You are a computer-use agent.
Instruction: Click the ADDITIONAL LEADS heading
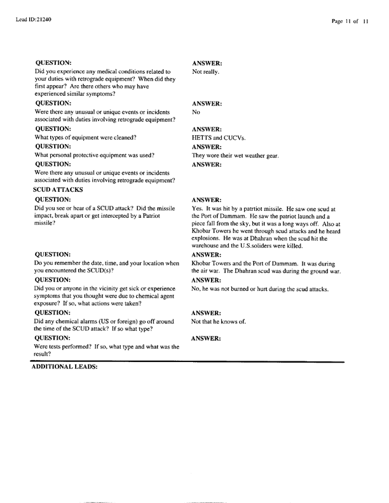[x=64, y=367]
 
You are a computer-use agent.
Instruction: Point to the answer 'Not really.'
[x=206, y=72]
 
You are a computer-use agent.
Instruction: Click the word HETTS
[x=203, y=138]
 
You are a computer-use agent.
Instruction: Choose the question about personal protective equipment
[x=95, y=156]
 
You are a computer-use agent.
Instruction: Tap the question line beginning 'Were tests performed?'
[x=107, y=347]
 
